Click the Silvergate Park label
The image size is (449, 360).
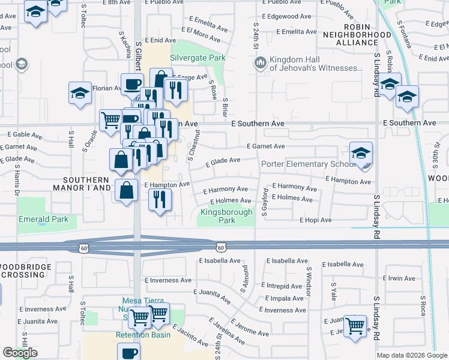[197, 58]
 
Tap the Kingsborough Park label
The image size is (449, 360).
[217, 216]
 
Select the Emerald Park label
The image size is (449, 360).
[43, 219]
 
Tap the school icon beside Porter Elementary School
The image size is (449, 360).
[361, 153]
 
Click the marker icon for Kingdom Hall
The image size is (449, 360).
[260, 62]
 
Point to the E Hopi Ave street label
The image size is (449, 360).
[316, 220]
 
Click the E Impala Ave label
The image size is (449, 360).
[283, 298]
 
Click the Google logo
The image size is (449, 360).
[20, 352]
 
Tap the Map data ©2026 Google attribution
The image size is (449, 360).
[411, 355]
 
